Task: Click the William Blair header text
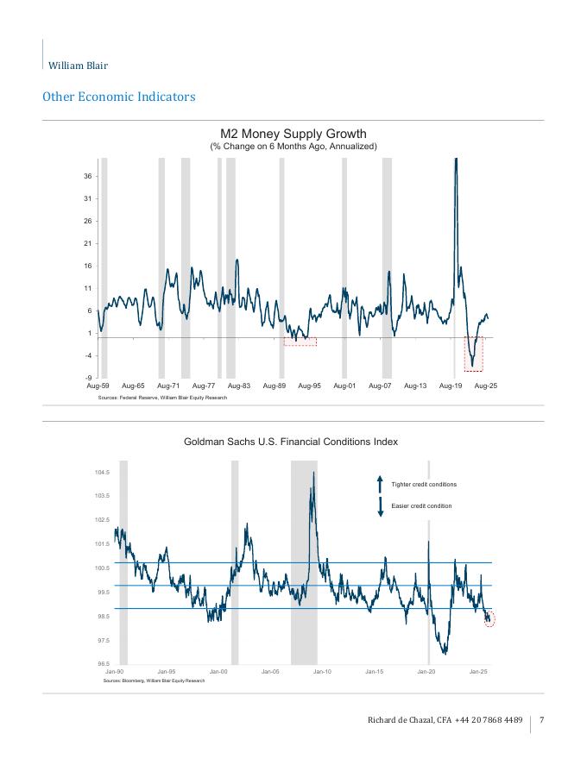coord(78,66)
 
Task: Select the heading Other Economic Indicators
coord(118,97)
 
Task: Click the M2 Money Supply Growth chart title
coord(293,134)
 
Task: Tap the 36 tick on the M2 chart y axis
coord(90,176)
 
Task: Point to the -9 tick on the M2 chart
coord(90,378)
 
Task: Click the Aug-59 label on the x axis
coord(98,386)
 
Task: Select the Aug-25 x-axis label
coord(486,386)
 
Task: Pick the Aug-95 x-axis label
coord(310,386)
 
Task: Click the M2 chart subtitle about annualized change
coord(293,147)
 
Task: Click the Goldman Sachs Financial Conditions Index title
coord(291,442)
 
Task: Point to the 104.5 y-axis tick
coord(102,473)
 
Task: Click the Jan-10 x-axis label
coord(322,671)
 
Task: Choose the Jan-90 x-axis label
coord(115,671)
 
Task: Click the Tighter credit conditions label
coord(424,485)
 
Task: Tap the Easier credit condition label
coord(422,506)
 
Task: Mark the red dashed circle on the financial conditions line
coord(489,618)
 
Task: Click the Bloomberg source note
coord(151,681)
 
